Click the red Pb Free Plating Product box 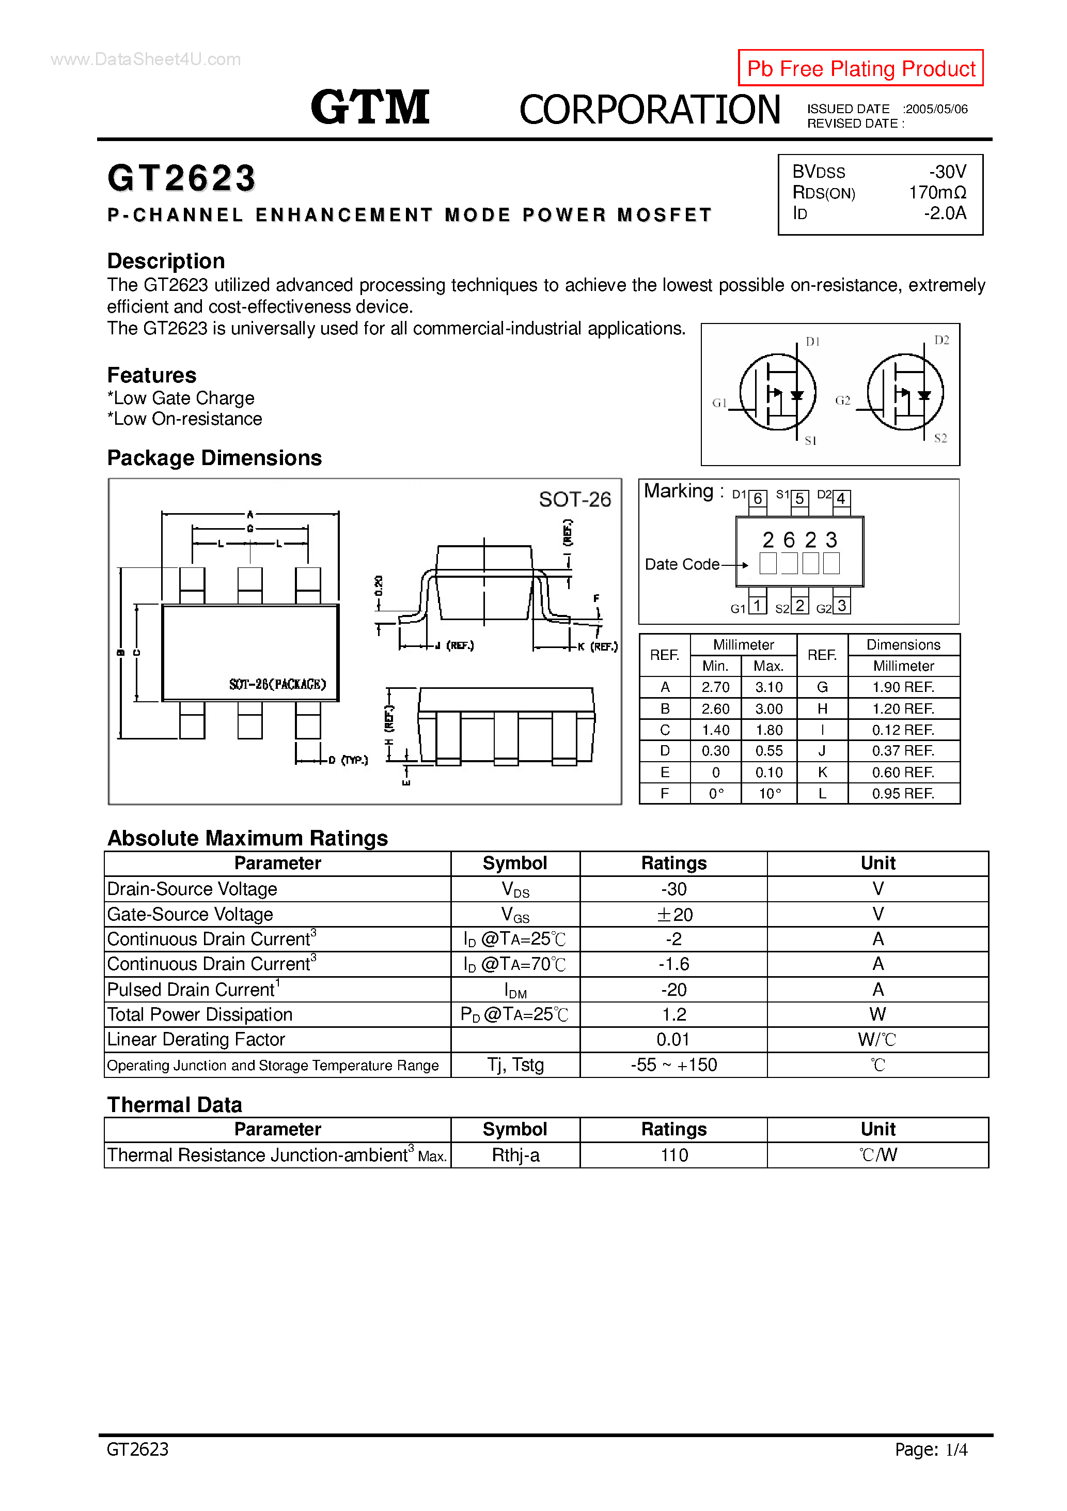[x=860, y=68]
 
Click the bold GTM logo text [x=370, y=107]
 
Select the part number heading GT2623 [x=182, y=178]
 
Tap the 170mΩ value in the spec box [x=937, y=193]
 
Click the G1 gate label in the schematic [x=719, y=403]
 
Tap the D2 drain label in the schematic [x=942, y=340]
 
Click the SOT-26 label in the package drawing [x=574, y=500]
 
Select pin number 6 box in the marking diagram [x=758, y=499]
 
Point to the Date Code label [x=682, y=565]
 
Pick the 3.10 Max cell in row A [x=768, y=687]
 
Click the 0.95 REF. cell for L [x=903, y=794]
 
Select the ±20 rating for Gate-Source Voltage [x=673, y=915]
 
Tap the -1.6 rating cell [x=673, y=964]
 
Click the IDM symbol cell [x=515, y=990]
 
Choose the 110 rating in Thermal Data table [x=673, y=1155]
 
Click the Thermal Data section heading [x=175, y=1105]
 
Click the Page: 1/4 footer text [x=930, y=1449]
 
